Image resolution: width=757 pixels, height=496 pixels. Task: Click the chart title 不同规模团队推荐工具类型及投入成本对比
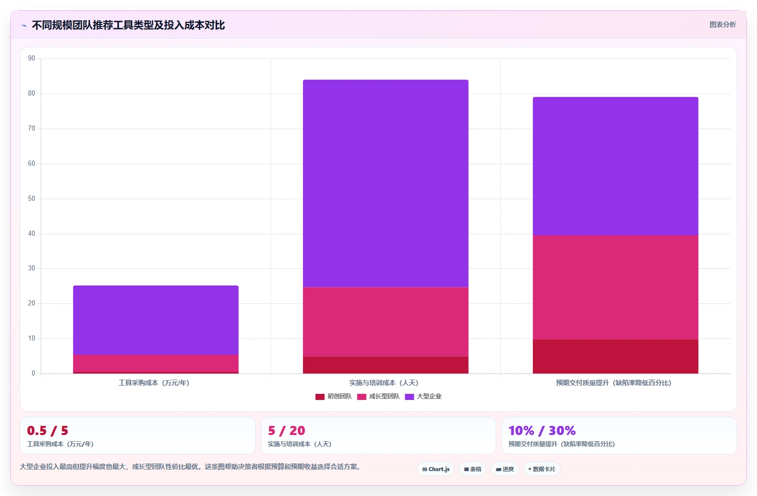[128, 25]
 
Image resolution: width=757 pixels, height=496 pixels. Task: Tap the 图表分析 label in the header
[722, 25]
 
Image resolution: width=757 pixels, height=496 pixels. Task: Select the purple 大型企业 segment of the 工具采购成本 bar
[156, 320]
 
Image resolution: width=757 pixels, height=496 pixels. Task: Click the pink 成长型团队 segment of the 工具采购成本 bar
[156, 363]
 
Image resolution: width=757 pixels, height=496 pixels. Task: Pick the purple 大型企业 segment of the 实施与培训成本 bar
[385, 183]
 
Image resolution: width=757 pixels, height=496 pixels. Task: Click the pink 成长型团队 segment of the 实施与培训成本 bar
[385, 322]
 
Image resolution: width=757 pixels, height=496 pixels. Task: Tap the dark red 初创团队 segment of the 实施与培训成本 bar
[385, 365]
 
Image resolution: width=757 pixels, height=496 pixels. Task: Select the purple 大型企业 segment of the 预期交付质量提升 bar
[615, 166]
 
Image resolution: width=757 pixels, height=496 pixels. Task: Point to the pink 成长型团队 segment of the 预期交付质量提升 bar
[615, 287]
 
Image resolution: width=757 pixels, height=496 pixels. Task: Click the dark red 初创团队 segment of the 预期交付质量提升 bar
[615, 356]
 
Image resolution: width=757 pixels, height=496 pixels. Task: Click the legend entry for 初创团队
[334, 396]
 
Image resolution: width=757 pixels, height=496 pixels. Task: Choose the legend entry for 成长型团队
[378, 396]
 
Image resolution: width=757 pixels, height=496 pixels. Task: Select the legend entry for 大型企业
[423, 396]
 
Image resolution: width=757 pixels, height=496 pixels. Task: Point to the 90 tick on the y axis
[32, 58]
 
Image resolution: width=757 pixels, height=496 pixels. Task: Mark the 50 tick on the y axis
[32, 198]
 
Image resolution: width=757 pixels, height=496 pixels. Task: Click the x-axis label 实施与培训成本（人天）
[383, 383]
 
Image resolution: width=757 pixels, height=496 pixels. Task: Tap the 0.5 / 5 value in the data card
[48, 430]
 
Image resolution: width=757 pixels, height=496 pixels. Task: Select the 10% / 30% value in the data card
[542, 430]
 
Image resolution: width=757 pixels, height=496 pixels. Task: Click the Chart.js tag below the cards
[436, 469]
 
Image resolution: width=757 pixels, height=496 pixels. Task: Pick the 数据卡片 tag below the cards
[542, 469]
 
